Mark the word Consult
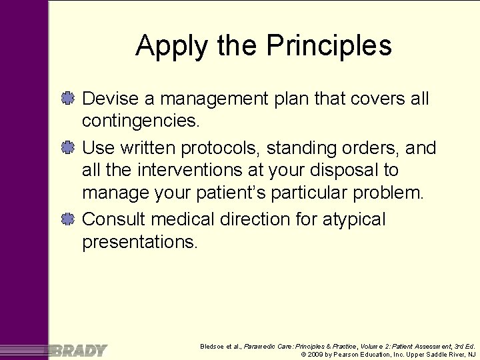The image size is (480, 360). tap(114, 219)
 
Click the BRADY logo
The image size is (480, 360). tap(76, 350)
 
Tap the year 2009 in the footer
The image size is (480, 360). tap(315, 354)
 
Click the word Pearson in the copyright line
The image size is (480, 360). tap(347, 354)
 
